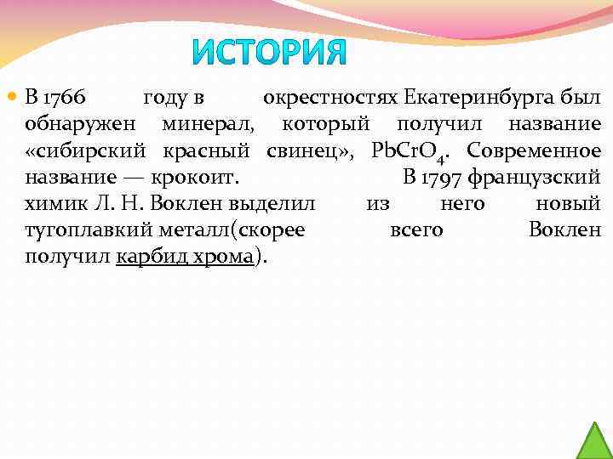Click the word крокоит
195,178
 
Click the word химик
52,205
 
